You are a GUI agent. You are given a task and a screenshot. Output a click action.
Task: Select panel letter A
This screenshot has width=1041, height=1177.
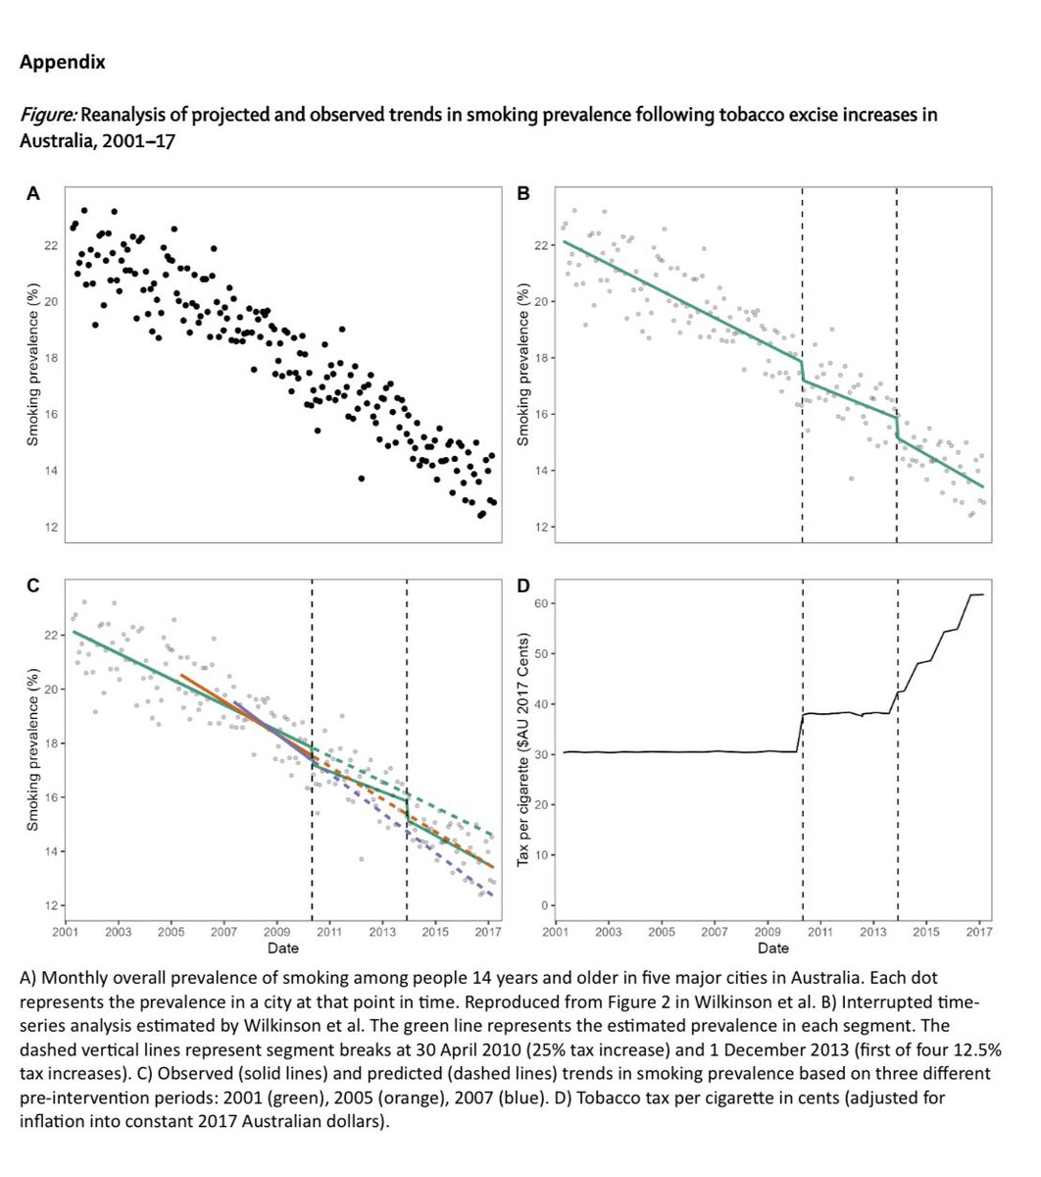pyautogui.click(x=32, y=194)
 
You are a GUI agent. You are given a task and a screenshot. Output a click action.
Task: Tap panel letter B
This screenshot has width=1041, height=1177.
pyautogui.click(x=522, y=194)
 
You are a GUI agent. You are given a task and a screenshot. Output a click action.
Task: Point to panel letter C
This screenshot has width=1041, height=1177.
pyautogui.click(x=32, y=587)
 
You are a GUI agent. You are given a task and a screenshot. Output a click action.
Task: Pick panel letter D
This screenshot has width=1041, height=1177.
pyautogui.click(x=522, y=587)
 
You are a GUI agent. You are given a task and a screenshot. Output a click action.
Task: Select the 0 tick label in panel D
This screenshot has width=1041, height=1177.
pyautogui.click(x=542, y=905)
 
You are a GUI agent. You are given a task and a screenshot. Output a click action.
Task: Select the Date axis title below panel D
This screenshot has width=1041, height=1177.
pyautogui.click(x=772, y=948)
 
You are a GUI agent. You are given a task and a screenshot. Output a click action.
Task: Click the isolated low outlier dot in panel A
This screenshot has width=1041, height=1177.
pyautogui.click(x=361, y=479)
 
